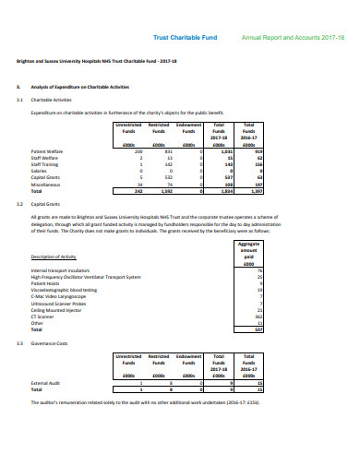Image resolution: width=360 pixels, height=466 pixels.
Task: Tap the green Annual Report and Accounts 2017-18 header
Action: coord(285,38)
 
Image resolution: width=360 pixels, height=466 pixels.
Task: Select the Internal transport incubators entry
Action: coord(64,269)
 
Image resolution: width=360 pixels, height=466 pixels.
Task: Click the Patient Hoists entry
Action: coord(45,283)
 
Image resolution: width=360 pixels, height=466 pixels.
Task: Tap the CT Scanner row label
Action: coord(43,317)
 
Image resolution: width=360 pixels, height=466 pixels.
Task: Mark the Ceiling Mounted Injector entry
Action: coord(57,310)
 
